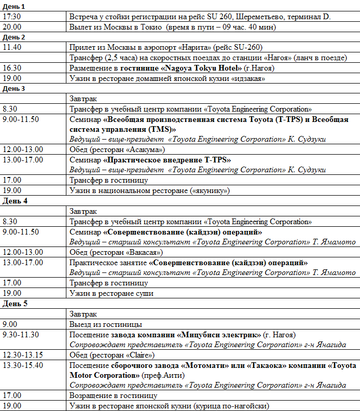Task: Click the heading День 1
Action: [13, 7]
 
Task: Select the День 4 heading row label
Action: [13, 201]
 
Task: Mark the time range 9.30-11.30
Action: [20, 334]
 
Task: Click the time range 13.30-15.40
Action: [23, 365]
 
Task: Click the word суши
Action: [144, 293]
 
